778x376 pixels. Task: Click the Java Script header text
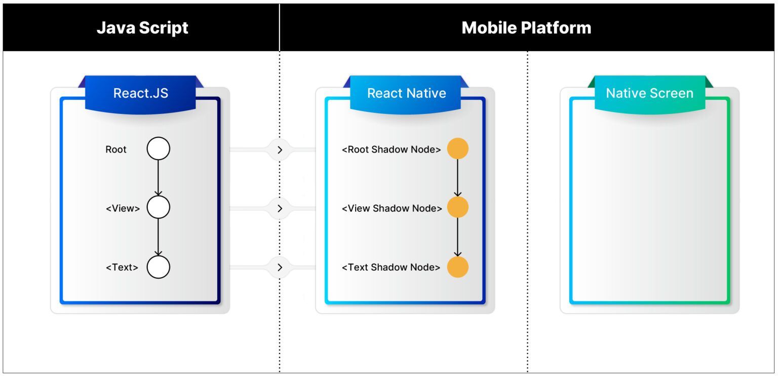142,27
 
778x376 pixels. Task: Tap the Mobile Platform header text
526,27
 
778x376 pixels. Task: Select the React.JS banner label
140,93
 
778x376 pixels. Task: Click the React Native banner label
406,93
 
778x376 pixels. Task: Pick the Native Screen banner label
649,93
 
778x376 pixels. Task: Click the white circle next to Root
159,149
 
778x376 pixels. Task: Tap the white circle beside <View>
159,207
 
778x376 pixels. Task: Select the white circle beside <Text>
159,267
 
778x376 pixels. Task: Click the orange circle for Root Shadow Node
458,149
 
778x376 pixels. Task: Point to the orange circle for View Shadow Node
458,207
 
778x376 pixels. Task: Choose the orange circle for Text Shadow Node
458,267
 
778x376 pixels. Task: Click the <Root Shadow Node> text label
391,149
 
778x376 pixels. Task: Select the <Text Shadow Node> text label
391,267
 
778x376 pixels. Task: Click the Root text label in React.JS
116,149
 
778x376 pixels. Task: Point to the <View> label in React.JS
123,208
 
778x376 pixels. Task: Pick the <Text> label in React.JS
122,267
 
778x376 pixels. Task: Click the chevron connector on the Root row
280,149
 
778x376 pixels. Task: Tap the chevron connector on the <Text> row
280,267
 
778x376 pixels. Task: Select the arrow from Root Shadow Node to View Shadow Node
458,178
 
